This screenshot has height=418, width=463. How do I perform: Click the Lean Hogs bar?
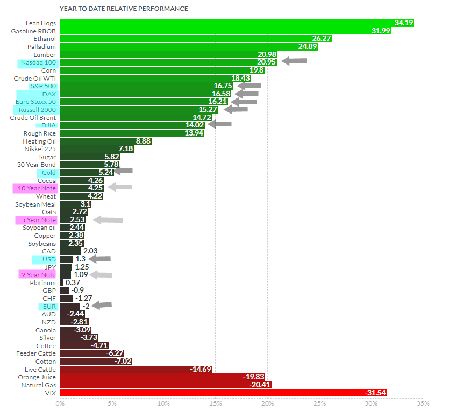pyautogui.click(x=237, y=23)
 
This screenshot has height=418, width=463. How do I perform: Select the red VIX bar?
pyautogui.click(x=223, y=393)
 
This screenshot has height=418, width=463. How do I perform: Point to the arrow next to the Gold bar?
pyautogui.click(x=123, y=172)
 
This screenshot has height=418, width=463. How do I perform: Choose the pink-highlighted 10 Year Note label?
pyautogui.click(x=36, y=188)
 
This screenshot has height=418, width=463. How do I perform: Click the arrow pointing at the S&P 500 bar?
pyautogui.click(x=250, y=86)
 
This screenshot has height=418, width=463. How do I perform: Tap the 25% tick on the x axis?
pyautogui.click(x=319, y=403)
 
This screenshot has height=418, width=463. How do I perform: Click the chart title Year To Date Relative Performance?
pyautogui.click(x=123, y=9)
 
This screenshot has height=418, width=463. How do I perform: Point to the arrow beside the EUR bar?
pyautogui.click(x=102, y=306)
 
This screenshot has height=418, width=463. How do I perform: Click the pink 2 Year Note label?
pyautogui.click(x=38, y=275)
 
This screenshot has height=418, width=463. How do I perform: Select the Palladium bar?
pyautogui.click(x=188, y=47)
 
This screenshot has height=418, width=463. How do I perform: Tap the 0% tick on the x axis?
pyautogui.click(x=60, y=403)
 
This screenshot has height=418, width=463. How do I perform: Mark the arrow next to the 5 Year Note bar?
pyautogui.click(x=108, y=219)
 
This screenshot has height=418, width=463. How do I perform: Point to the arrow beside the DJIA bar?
pyautogui.click(x=220, y=125)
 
